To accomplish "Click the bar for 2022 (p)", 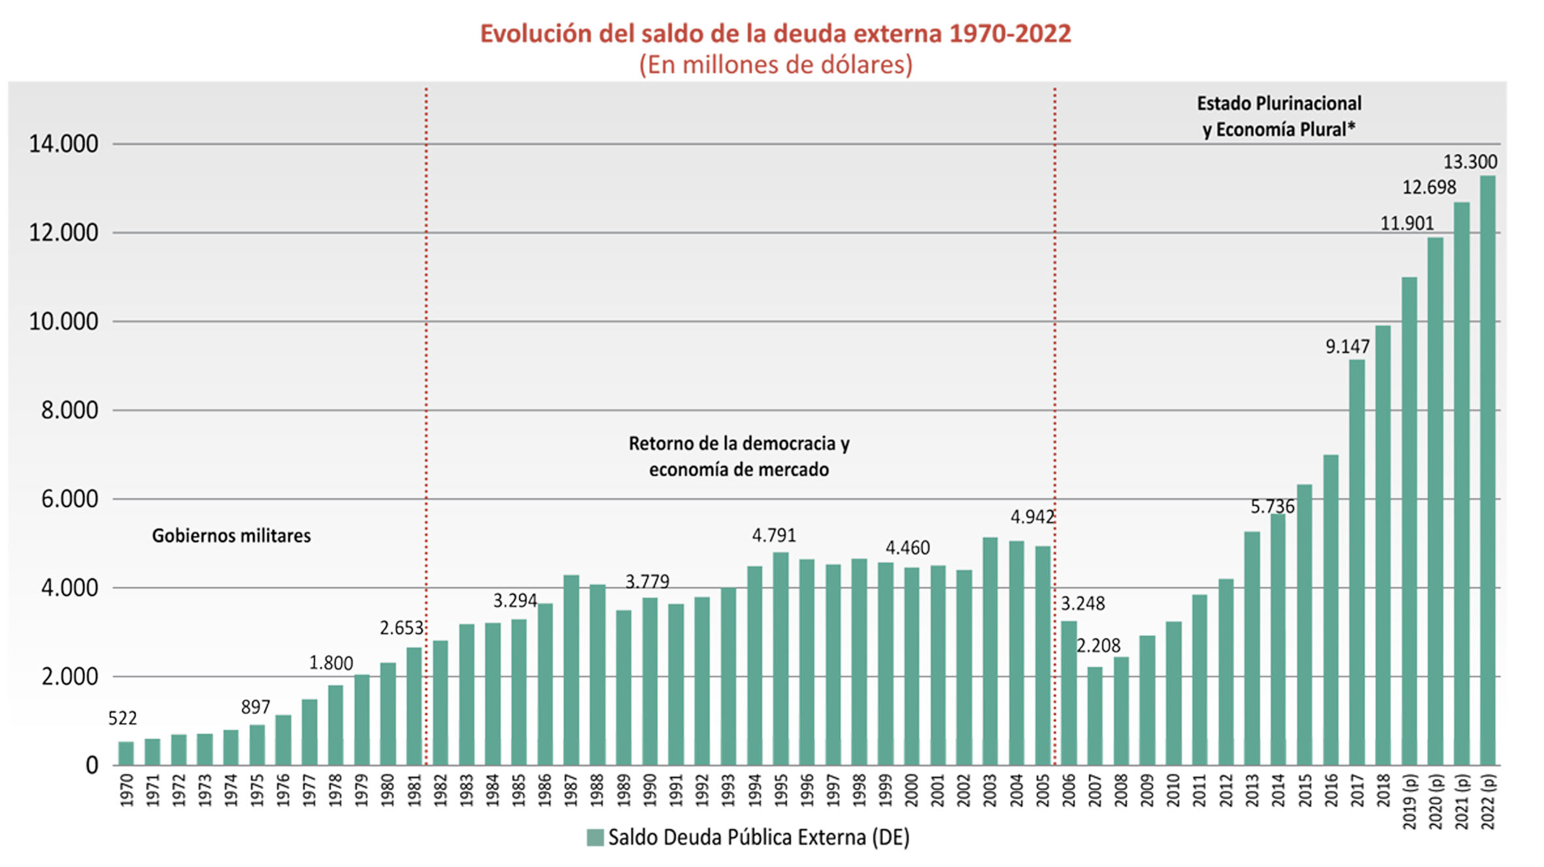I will pos(1487,471).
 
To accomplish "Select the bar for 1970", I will pos(126,753).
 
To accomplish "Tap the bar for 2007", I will pos(1095,716).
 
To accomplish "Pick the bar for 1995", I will pos(780,659).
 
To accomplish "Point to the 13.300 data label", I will pos(1469,161).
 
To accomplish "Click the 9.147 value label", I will pos(1347,347).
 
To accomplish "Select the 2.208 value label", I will pos(1098,646).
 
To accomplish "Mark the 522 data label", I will pos(122,719).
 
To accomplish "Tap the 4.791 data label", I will pos(774,535).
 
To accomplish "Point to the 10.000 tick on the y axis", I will pos(63,322).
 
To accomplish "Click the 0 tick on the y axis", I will pos(92,766).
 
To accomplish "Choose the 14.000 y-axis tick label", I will pos(63,144).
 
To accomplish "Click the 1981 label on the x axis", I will pos(414,790).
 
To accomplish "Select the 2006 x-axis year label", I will pos(1069,790).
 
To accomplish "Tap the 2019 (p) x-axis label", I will pos(1409,802).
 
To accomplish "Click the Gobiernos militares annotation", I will pos(231,536).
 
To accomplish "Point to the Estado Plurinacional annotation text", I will pos(1279,103).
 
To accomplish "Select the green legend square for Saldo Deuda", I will pos(595,838).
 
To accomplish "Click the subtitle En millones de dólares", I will pos(775,65).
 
